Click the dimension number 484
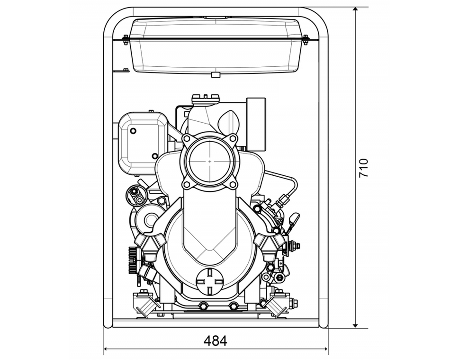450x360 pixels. pyautogui.click(x=215, y=340)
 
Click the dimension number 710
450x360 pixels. pyautogui.click(x=363, y=168)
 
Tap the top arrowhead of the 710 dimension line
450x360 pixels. pyautogui.click(x=355, y=10)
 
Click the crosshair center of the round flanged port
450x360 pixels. pyautogui.click(x=209, y=161)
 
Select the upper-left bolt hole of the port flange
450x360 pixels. pyautogui.click(x=188, y=138)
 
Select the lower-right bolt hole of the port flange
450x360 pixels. pyautogui.click(x=232, y=184)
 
